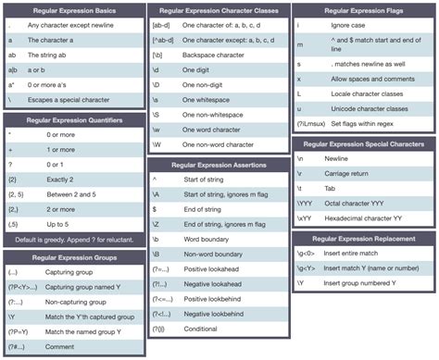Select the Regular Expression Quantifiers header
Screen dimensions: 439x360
tap(73, 120)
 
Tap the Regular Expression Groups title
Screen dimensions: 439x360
tap(73, 256)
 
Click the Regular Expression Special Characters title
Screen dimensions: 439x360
tap(362, 143)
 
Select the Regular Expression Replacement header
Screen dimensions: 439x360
tap(362, 239)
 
